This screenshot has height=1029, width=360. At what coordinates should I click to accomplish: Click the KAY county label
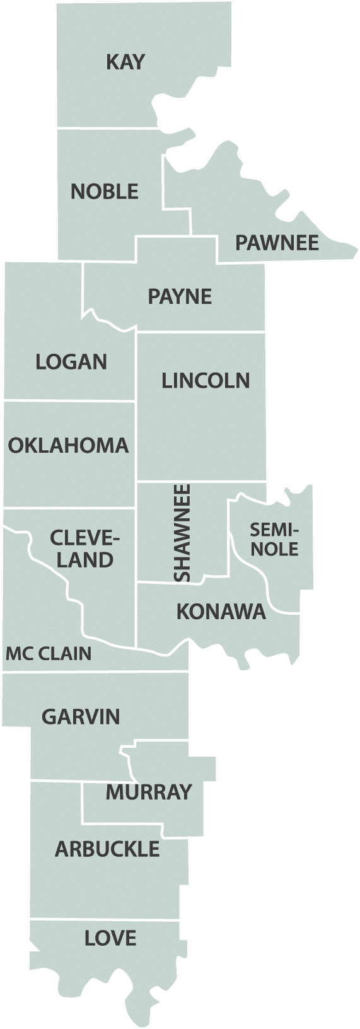pos(125,62)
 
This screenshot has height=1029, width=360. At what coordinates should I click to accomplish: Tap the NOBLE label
pos(105,191)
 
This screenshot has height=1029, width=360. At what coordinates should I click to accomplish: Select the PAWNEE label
pos(277,243)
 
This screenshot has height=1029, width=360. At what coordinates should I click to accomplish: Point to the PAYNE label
pos(180,296)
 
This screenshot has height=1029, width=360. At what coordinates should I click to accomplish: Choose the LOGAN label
pos(71,362)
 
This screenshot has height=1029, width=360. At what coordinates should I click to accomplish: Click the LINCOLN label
pos(206,381)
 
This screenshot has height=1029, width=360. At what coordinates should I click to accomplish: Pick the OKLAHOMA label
pos(68,446)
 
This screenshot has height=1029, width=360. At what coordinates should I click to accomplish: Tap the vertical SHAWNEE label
pos(182,533)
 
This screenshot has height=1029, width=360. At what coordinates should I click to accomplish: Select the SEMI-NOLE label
pos(274,539)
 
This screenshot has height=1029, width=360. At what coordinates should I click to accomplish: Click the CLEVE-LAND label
pos(84,549)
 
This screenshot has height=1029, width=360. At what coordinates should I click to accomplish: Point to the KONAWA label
pos(221,612)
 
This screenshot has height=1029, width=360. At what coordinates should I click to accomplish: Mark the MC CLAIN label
pos(49,654)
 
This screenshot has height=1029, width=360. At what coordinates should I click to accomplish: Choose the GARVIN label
pos(81,717)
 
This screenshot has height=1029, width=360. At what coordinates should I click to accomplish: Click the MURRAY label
pos(148,792)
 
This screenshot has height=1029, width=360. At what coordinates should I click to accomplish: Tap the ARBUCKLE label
pos(107,849)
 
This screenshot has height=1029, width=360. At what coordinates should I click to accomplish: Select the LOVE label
pos(110,938)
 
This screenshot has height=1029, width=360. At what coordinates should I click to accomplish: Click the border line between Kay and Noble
pos(107,128)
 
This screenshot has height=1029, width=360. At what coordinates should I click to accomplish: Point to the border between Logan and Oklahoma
pos(69,401)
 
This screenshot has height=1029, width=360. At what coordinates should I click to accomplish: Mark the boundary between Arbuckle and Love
pos(107,920)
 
